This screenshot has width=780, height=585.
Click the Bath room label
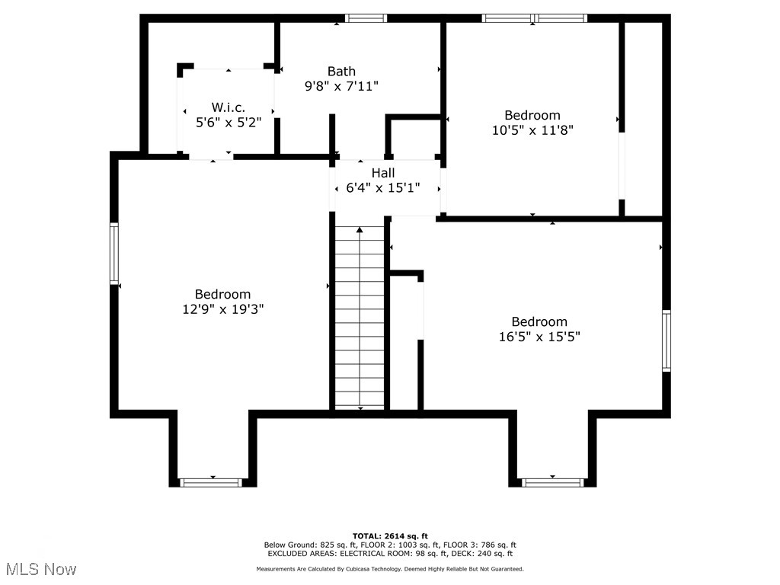[x=341, y=72]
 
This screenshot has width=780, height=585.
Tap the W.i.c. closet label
[x=229, y=107]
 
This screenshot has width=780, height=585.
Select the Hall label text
[x=383, y=173]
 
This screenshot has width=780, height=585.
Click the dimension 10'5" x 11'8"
[x=532, y=130]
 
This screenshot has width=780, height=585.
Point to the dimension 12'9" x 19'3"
[x=222, y=309]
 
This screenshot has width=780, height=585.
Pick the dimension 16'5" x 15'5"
[x=539, y=336]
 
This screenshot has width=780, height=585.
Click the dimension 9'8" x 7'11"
[x=341, y=86]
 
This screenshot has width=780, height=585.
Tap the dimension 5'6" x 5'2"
[x=229, y=122]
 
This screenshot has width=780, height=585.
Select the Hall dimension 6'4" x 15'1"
[x=383, y=187]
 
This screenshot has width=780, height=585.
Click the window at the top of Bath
[x=366, y=18]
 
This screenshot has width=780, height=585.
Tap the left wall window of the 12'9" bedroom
[x=114, y=253]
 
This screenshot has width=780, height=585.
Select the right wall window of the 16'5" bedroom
[x=667, y=340]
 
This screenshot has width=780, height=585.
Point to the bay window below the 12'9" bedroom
[x=211, y=482]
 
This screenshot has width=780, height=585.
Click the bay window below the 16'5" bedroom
[x=552, y=482]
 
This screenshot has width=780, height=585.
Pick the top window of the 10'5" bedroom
[x=535, y=18]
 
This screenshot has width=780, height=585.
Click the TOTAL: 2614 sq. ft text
[x=390, y=535]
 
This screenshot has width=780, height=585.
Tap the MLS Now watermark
[x=41, y=569]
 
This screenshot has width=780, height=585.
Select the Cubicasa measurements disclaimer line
[x=390, y=569]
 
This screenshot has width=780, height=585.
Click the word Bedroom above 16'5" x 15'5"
[x=539, y=321]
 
